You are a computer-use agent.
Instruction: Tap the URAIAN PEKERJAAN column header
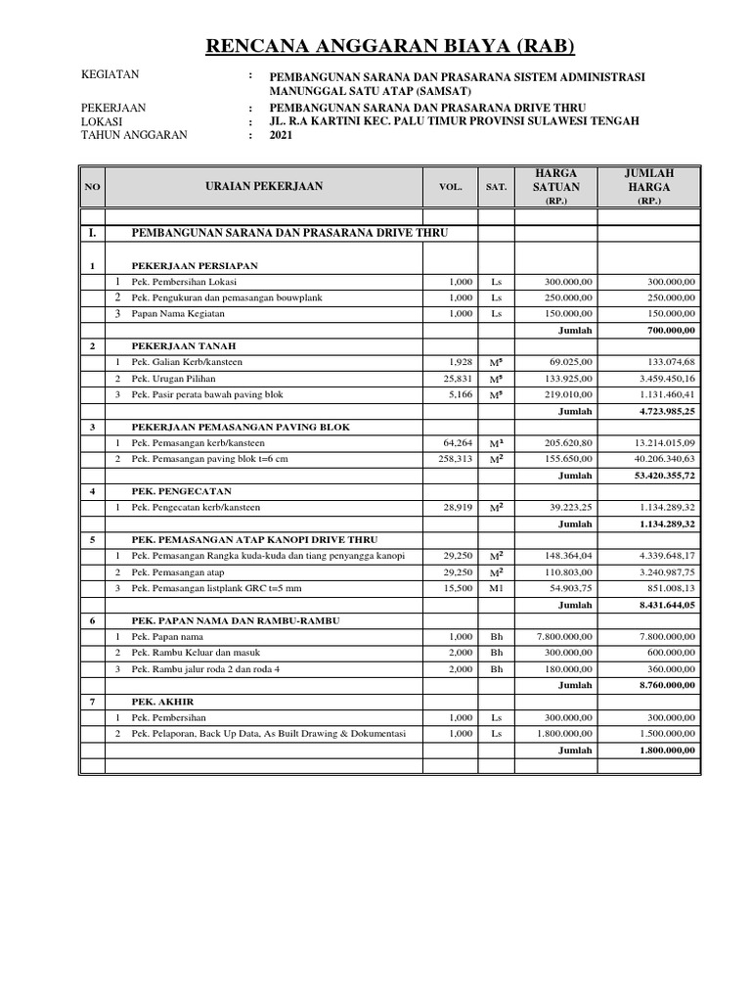(x=264, y=185)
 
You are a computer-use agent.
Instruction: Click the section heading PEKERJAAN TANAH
(x=186, y=346)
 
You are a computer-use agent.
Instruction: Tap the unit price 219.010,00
(x=578, y=395)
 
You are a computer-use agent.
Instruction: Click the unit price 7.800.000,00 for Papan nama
(x=571, y=636)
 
